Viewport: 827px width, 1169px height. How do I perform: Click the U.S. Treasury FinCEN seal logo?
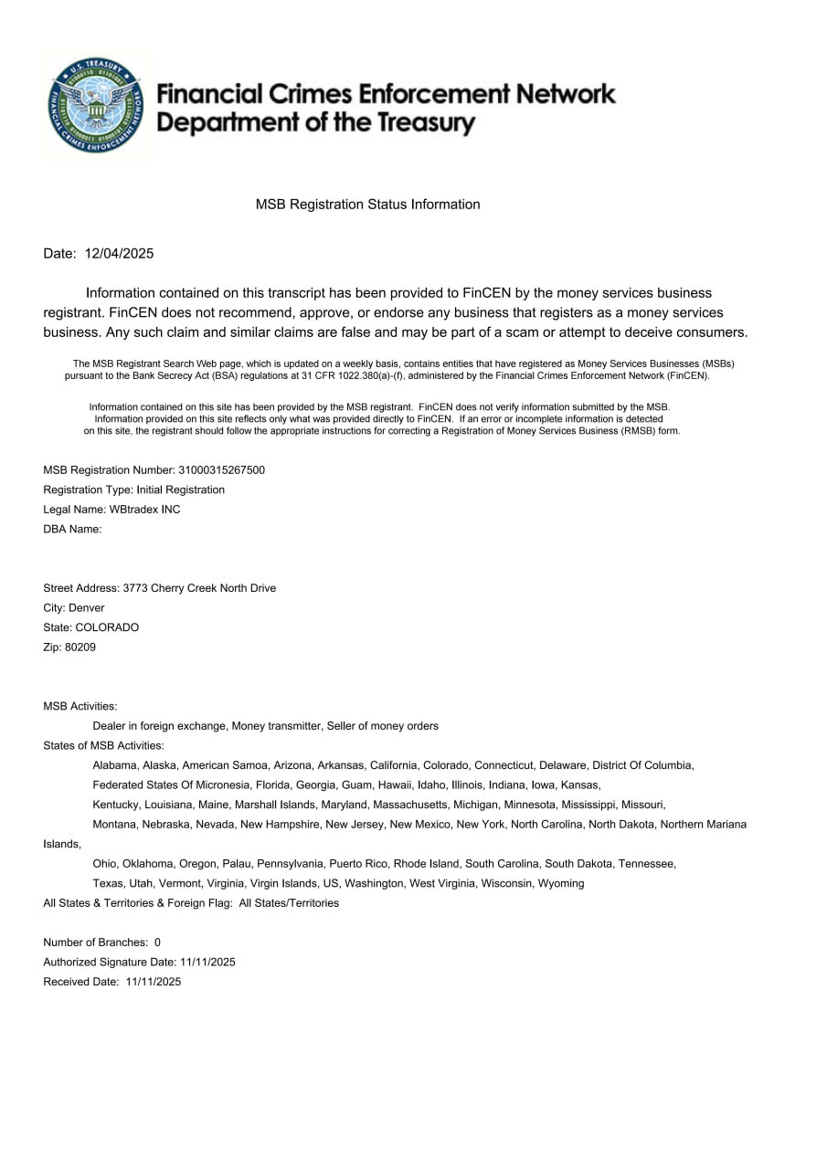pos(97,105)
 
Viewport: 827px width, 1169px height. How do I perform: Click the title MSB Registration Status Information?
pos(367,205)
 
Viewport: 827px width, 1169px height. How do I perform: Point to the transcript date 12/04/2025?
pos(119,254)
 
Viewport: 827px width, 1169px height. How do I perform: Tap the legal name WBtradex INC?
pos(144,510)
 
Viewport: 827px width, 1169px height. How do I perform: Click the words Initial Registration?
pos(180,490)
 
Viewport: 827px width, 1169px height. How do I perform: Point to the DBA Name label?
pos(72,530)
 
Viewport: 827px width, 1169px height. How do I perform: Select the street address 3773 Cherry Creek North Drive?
pos(199,588)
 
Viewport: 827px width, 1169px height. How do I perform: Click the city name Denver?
pos(87,608)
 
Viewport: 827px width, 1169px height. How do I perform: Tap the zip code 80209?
pos(80,648)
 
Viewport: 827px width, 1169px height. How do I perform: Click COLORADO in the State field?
pos(107,628)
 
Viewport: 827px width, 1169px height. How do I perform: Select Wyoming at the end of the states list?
pos(561,883)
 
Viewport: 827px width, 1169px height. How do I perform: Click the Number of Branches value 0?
pos(157,943)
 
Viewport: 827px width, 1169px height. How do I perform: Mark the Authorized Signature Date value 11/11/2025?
pos(208,962)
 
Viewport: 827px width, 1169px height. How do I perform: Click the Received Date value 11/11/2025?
pos(154,982)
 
